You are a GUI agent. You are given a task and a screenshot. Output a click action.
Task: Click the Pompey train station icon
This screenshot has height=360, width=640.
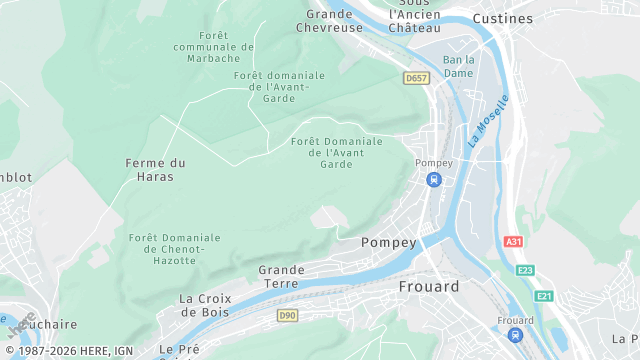[x=433, y=180]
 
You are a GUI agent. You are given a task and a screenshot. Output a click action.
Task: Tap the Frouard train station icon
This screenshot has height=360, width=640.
[x=515, y=336]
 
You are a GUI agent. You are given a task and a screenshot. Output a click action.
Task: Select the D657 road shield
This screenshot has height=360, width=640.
[x=416, y=77]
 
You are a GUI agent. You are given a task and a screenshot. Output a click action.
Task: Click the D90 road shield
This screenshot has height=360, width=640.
[x=287, y=316]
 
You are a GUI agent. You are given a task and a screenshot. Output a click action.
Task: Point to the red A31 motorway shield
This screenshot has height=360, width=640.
[x=514, y=242]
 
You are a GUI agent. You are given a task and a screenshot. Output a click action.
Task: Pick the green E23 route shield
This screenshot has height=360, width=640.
[x=525, y=270]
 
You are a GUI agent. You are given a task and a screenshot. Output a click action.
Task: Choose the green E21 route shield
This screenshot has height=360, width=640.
[x=544, y=296]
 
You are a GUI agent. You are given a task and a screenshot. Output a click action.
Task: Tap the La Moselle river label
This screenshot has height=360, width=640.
[x=488, y=122]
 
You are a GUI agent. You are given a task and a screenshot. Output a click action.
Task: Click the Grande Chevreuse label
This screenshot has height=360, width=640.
[x=330, y=21]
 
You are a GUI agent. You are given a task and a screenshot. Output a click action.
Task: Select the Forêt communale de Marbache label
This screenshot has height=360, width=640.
[x=214, y=47]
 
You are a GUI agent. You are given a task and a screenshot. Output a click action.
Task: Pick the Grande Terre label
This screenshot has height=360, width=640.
[x=281, y=277]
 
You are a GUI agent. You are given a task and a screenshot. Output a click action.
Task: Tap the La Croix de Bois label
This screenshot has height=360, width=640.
[x=205, y=305]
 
